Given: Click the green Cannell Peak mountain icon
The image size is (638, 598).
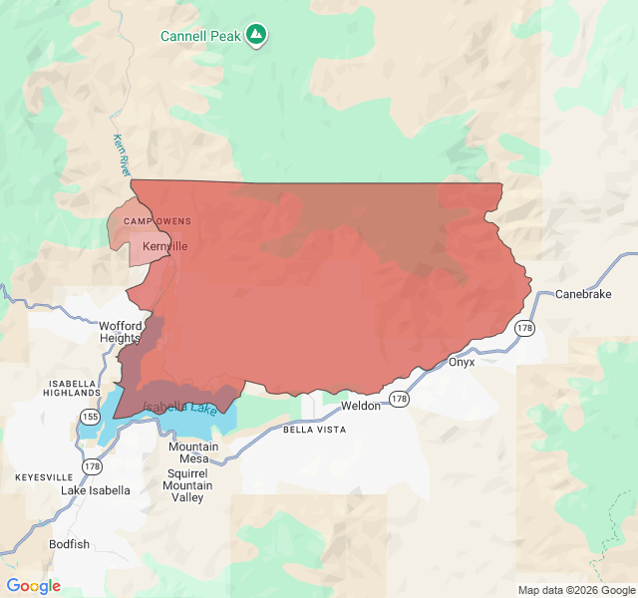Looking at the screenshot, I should [x=257, y=36].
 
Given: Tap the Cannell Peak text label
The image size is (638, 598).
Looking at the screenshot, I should [x=200, y=37].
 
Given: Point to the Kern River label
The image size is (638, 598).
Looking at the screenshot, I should [x=122, y=155].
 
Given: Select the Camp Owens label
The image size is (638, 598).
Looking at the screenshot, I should [x=158, y=221].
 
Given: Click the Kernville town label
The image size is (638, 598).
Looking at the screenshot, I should [x=164, y=246].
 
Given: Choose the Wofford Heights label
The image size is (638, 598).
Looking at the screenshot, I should [x=121, y=332].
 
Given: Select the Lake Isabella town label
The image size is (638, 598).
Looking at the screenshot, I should [x=96, y=490].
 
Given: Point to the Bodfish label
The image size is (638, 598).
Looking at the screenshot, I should [x=69, y=544].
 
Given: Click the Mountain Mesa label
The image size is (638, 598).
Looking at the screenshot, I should [x=193, y=452].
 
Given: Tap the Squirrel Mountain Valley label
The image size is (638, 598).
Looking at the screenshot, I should [x=188, y=485].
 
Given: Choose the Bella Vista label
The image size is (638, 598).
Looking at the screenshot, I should [x=314, y=430].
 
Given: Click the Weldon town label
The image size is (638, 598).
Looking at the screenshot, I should [x=361, y=407].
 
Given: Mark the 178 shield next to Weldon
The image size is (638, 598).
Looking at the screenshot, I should [x=399, y=399].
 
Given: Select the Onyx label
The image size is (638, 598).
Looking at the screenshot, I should [x=462, y=362].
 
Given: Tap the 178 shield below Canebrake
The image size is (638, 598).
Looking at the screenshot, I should [x=524, y=328].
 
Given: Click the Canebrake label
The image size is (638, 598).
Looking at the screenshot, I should [x=582, y=294].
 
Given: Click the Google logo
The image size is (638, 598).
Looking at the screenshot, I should [x=33, y=586].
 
